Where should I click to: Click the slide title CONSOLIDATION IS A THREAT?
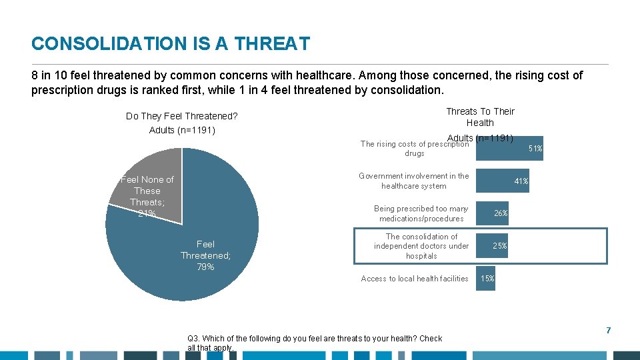pyautogui.click(x=171, y=44)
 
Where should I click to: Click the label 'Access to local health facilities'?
pyautogui.click(x=415, y=279)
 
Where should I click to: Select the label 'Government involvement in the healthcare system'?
pyautogui.click(x=413, y=181)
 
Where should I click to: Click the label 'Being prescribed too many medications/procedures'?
pyautogui.click(x=421, y=213)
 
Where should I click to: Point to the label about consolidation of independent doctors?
pyautogui.click(x=421, y=246)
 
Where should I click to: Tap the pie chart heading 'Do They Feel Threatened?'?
pyautogui.click(x=182, y=116)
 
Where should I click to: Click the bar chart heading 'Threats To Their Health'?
pyautogui.click(x=480, y=117)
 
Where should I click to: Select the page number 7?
pyautogui.click(x=608, y=331)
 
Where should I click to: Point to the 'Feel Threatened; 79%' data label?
pyautogui.click(x=205, y=255)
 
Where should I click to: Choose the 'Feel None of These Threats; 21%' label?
pyautogui.click(x=147, y=196)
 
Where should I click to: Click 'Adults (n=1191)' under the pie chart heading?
pyautogui.click(x=182, y=130)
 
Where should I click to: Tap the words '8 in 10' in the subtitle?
pyautogui.click(x=51, y=75)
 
